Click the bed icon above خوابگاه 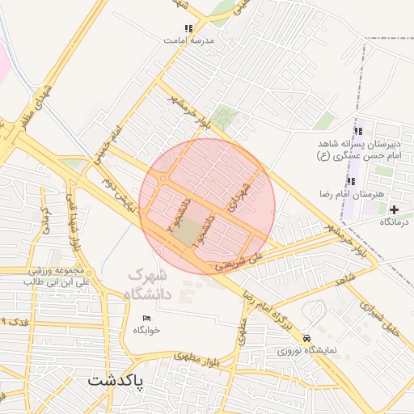146,317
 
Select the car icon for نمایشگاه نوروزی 306,338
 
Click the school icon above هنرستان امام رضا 351,182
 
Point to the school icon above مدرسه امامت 188,28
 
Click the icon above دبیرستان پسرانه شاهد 357,132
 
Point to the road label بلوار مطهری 197,356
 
